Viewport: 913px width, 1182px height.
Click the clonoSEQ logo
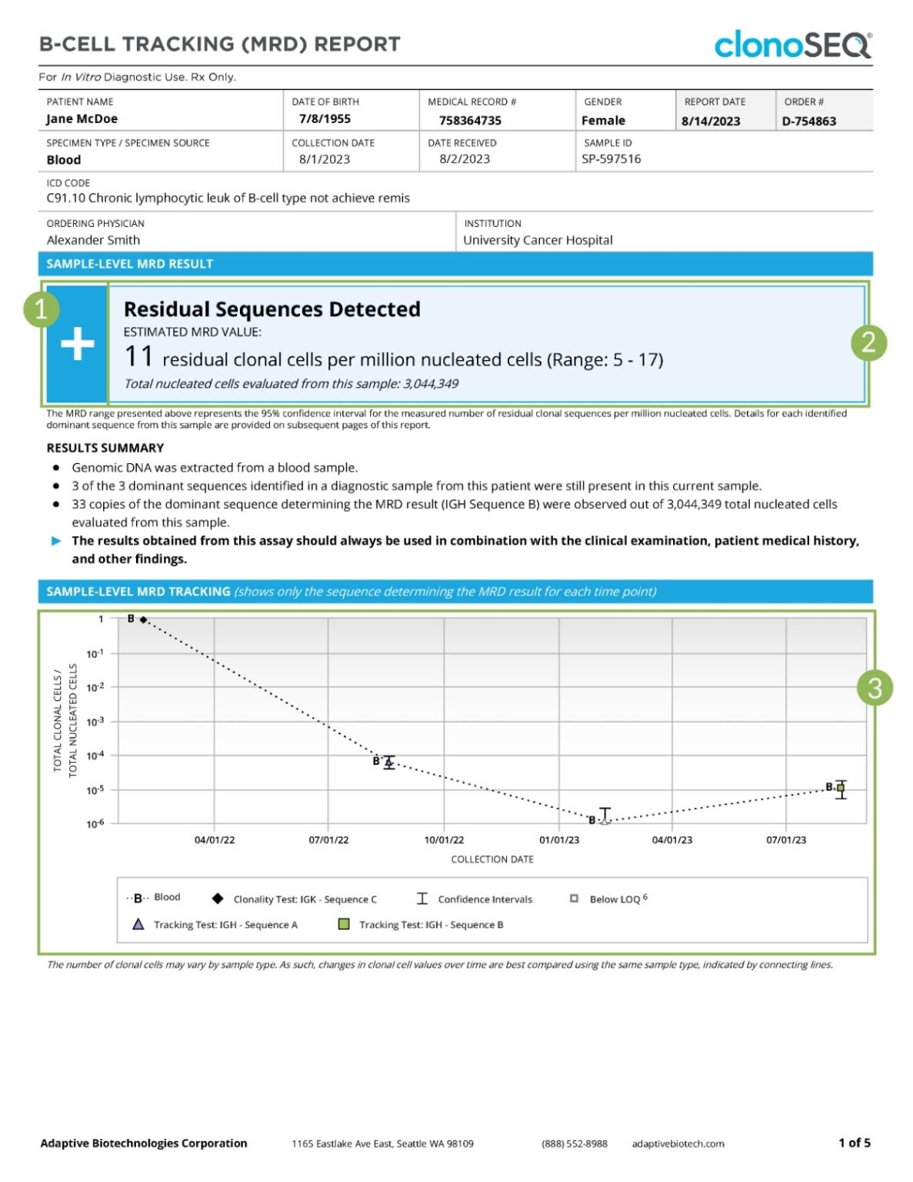pyautogui.click(x=792, y=45)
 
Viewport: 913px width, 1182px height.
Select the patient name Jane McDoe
pyautogui.click(x=82, y=119)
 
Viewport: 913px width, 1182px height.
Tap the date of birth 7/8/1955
pyautogui.click(x=325, y=119)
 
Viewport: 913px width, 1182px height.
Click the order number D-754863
pyautogui.click(x=808, y=121)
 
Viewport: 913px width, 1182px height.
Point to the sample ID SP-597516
pyautogui.click(x=611, y=159)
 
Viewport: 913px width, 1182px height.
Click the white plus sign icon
pyautogui.click(x=77, y=345)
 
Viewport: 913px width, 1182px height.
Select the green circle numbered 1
pyautogui.click(x=42, y=309)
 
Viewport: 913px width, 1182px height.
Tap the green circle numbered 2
pyautogui.click(x=868, y=342)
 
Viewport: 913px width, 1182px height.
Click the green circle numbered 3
pyautogui.click(x=875, y=688)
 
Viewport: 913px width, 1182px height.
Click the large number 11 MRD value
pyautogui.click(x=138, y=358)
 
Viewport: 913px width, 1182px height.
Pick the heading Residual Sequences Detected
pyautogui.click(x=272, y=309)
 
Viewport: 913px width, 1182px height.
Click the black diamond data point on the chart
pyautogui.click(x=144, y=619)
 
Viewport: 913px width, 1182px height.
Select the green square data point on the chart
pyautogui.click(x=841, y=788)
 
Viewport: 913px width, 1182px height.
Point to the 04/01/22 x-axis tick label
pyautogui.click(x=215, y=840)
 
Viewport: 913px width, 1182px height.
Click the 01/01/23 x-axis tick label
pyautogui.click(x=559, y=840)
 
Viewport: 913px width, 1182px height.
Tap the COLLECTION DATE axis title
pyautogui.click(x=491, y=859)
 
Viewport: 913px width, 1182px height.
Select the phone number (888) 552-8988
pyautogui.click(x=574, y=1144)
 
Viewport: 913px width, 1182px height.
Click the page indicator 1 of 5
pyautogui.click(x=854, y=1143)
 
